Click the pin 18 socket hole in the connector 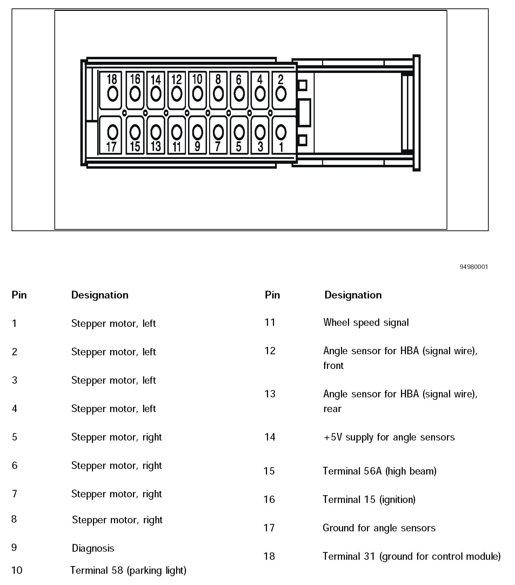(113, 93)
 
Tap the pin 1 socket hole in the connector (281, 132)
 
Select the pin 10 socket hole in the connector (198, 93)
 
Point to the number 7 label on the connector (218, 146)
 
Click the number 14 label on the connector (155, 80)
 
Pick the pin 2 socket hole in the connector (281, 93)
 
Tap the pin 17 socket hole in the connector (113, 132)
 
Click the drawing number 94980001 (474, 267)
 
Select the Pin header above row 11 (272, 295)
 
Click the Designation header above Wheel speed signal (353, 295)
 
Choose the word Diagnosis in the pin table (93, 548)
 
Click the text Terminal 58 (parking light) (128, 570)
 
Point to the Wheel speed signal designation (366, 322)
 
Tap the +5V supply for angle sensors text (389, 437)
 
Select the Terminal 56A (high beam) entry (380, 471)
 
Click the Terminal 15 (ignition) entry (369, 499)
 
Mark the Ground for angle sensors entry (379, 528)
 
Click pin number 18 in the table (269, 556)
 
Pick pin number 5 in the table (14, 437)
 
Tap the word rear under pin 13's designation (332, 409)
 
